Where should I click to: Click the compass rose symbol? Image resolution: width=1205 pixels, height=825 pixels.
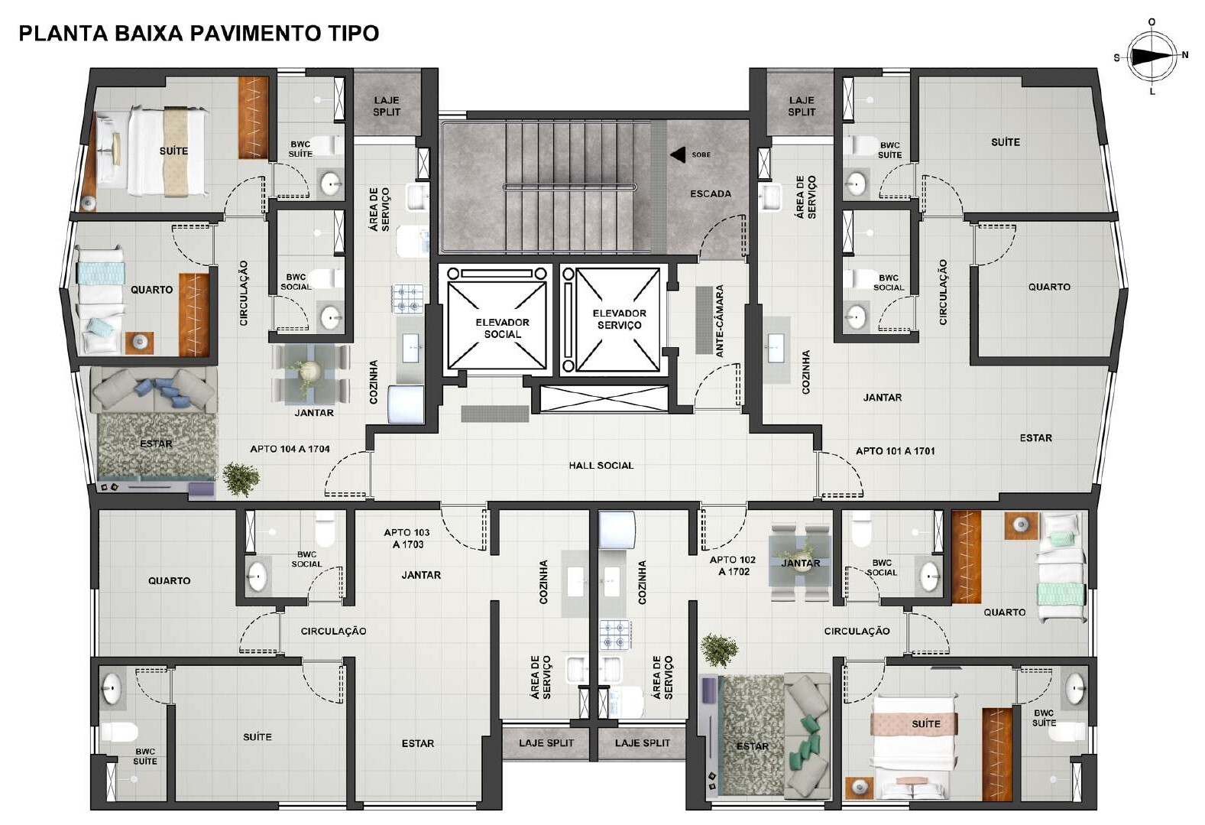point(1152,56)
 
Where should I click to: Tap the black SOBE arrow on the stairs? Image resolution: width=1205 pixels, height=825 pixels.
point(678,155)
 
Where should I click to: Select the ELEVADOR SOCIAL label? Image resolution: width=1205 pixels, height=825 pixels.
point(502,328)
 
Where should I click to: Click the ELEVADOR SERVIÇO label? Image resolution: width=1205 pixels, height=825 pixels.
point(619,319)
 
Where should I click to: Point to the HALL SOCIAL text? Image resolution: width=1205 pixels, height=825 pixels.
point(601,465)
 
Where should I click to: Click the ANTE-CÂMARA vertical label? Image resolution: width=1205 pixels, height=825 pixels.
point(720,321)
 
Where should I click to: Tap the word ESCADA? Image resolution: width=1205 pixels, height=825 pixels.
point(710,193)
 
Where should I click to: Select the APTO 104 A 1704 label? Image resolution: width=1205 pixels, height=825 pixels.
point(290,449)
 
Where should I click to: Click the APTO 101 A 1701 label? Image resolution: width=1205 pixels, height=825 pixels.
point(895,450)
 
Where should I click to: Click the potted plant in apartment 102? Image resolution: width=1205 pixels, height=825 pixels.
point(719,650)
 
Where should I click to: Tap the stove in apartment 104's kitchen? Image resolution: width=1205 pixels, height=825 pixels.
point(408,298)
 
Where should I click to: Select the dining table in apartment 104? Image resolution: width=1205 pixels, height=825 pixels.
point(310,373)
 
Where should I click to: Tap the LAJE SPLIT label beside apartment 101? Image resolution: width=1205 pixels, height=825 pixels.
point(802,106)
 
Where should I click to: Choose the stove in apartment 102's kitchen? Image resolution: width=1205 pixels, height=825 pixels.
point(615,634)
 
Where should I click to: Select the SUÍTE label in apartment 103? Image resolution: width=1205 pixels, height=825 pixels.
point(257,737)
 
